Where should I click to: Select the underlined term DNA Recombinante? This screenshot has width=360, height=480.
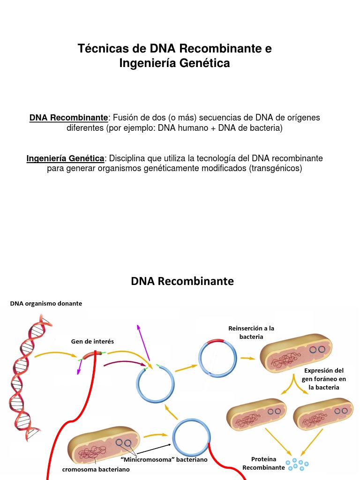[x=68, y=118]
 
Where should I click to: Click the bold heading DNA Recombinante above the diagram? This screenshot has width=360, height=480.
[x=182, y=281]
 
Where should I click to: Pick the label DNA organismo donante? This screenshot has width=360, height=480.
[x=46, y=304]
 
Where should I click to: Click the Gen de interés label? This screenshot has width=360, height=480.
[x=92, y=341]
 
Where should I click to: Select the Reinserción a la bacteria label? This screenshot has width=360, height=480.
[x=251, y=332]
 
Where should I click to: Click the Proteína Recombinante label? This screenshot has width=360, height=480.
[x=263, y=463]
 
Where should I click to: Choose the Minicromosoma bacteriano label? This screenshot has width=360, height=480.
[x=164, y=460]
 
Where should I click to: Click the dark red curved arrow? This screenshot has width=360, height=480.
[x=125, y=363]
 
